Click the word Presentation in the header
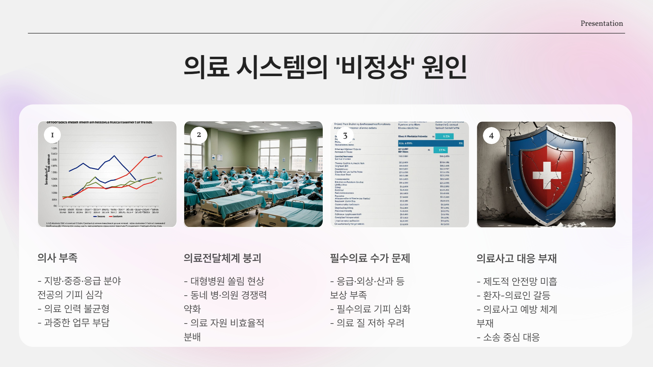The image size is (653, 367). [602, 23]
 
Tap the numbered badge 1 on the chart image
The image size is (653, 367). [52, 135]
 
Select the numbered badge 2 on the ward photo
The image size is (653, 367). [199, 135]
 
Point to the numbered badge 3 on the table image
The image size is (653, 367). [345, 136]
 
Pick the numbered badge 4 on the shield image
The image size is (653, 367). [491, 136]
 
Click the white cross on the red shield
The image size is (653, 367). [546, 175]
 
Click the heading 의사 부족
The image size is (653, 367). [57, 258]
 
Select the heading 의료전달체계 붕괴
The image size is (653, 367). [222, 258]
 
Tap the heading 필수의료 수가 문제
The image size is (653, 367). [370, 258]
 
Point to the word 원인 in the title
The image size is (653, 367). [444, 67]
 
